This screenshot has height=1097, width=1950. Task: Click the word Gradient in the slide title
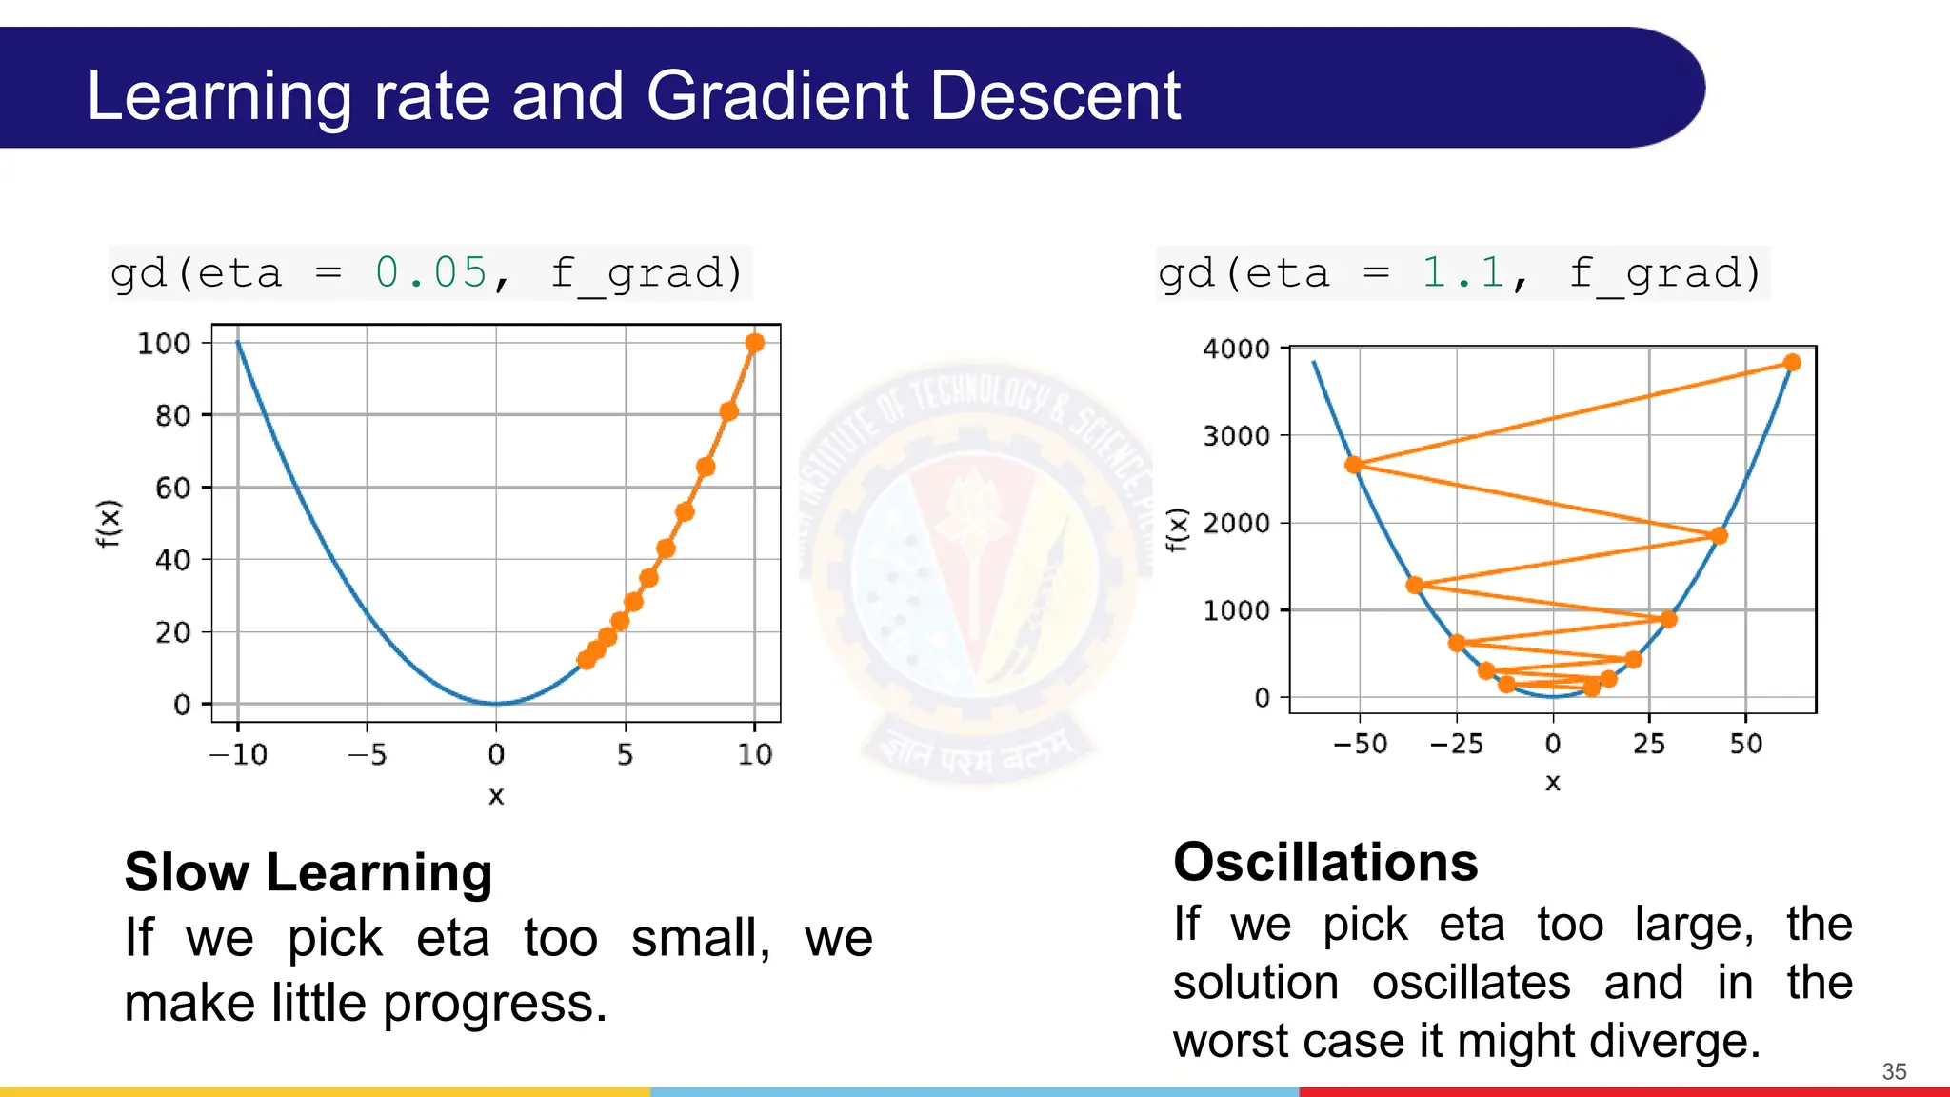coord(777,96)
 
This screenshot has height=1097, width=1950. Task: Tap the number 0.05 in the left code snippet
coord(431,273)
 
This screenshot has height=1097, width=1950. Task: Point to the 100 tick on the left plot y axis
coord(164,344)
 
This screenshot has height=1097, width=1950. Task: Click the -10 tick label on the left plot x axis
coord(238,755)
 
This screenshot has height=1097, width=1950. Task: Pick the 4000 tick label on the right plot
coord(1236,349)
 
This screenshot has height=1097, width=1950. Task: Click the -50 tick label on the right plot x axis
coord(1360,745)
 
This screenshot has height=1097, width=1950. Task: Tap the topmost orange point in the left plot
coord(754,343)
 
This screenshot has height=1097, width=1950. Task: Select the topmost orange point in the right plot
coord(1792,363)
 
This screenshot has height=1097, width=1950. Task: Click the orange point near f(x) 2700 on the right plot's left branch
coord(1353,465)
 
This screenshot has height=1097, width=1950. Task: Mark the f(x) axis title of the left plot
coord(109,523)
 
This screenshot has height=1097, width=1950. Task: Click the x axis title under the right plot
coord(1553,783)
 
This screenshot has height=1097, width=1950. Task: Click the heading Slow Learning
coord(308,872)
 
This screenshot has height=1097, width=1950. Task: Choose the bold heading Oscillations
coord(1325,863)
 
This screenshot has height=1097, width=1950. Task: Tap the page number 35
coord(1894,1071)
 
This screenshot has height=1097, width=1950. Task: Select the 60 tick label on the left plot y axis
coord(172,489)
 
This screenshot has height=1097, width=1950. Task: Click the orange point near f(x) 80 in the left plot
coord(728,411)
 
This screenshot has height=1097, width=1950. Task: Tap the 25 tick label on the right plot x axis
coord(1649,745)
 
